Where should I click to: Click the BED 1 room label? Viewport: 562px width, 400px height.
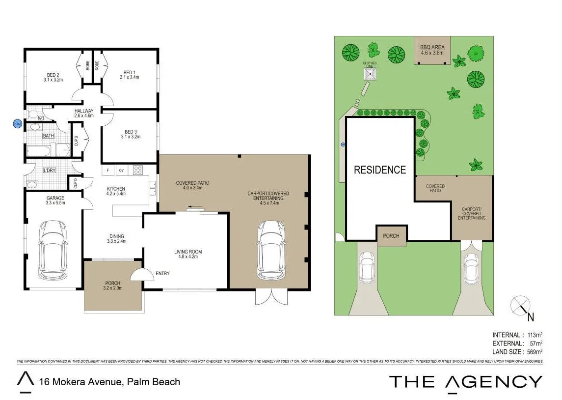(x=129, y=75)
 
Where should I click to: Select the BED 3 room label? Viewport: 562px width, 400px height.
(x=130, y=134)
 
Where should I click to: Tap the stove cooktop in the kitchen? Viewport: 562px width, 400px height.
(x=138, y=171)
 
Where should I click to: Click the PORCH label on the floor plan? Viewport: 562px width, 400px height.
(x=113, y=286)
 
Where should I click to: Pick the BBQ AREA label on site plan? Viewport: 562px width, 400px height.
(x=432, y=50)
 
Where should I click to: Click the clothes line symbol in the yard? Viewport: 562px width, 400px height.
(x=370, y=74)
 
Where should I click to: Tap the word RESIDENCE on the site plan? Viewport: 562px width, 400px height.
(x=380, y=170)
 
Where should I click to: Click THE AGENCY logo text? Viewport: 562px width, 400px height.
(x=465, y=382)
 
